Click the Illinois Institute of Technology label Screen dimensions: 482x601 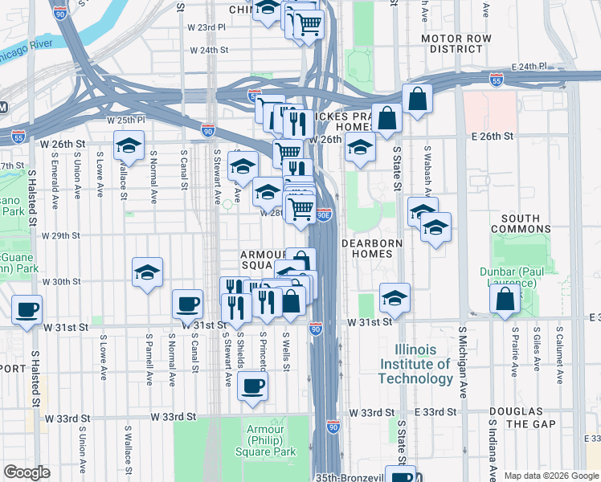click(x=415, y=365)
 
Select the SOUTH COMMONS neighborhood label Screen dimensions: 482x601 click(x=530, y=224)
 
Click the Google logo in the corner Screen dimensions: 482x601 click(x=26, y=472)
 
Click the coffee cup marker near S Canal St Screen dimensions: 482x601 click(x=188, y=304)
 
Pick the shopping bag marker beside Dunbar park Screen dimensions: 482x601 click(x=505, y=300)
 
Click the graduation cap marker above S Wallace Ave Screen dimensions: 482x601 click(x=129, y=147)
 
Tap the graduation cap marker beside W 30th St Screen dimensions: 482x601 click(x=148, y=273)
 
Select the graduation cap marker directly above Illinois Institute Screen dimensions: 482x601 click(x=395, y=298)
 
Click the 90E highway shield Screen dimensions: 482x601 click(x=323, y=215)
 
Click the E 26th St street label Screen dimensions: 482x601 click(x=493, y=137)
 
